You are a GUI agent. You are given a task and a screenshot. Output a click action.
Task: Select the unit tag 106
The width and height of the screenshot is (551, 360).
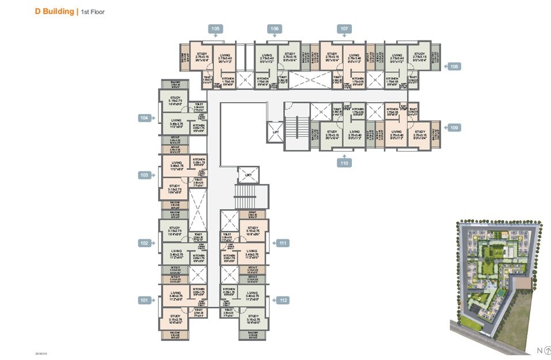click(x=274, y=29)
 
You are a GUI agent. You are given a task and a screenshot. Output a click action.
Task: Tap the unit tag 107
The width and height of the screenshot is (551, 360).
click(x=344, y=29)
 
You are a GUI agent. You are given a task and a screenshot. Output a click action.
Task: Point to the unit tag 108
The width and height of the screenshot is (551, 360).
click(x=454, y=67)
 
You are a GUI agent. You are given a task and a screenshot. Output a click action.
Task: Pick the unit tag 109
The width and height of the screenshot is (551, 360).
click(x=454, y=128)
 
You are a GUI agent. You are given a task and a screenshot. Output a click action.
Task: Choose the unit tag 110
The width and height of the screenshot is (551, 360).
click(x=344, y=164)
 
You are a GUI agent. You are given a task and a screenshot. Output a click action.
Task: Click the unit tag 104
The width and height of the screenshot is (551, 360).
click(x=144, y=118)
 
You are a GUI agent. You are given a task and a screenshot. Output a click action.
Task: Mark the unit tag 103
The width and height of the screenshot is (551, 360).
click(x=144, y=175)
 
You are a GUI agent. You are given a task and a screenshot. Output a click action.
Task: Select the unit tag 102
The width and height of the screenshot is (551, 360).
click(x=144, y=243)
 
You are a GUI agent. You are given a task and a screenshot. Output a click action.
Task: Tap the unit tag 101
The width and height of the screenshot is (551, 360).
click(x=144, y=300)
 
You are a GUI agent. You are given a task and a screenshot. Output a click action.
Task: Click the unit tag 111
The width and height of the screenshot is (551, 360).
click(x=283, y=243)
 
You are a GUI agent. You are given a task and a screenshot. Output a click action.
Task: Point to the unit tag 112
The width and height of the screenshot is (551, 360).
click(x=283, y=300)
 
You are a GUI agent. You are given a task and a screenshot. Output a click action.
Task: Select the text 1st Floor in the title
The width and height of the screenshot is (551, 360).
click(x=93, y=12)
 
